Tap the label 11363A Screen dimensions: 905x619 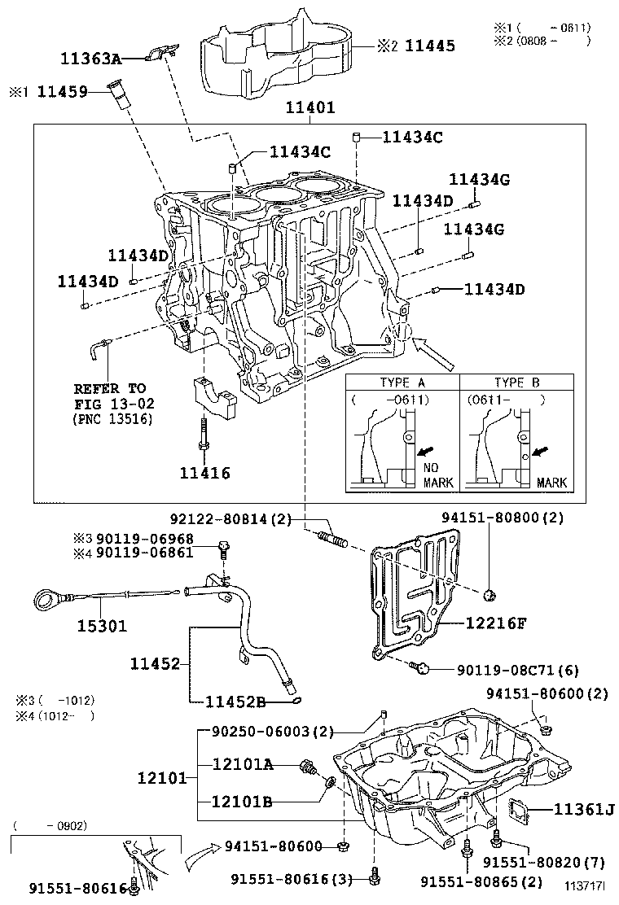coord(90,58)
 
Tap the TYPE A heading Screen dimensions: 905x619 coord(402,383)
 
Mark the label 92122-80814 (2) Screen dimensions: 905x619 coord(230,518)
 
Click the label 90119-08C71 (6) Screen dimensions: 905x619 coord(517,670)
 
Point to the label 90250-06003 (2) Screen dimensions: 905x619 coord(267,732)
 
